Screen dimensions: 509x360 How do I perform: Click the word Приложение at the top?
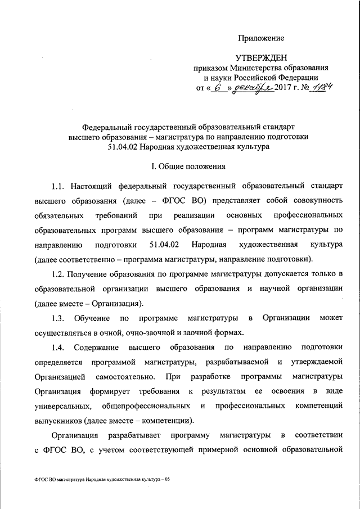(260, 38)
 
